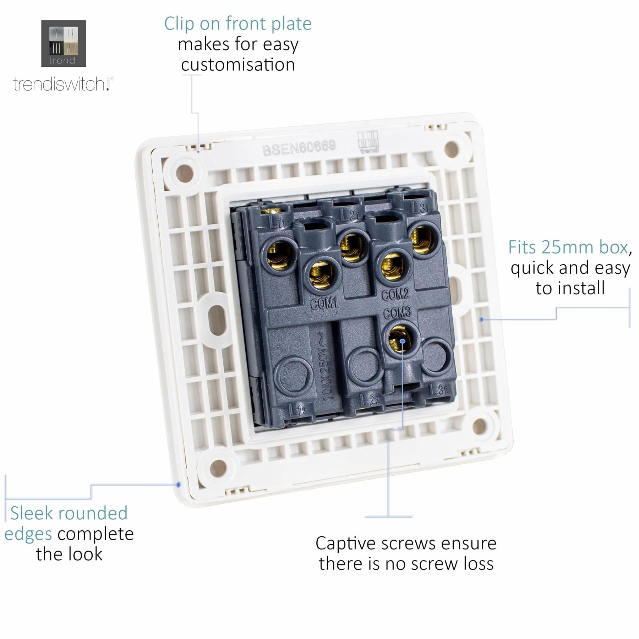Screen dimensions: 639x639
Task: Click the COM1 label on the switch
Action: pyautogui.click(x=324, y=303)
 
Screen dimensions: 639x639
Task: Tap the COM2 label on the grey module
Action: pyautogui.click(x=395, y=294)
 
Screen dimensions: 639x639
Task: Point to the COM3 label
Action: pyautogui.click(x=397, y=312)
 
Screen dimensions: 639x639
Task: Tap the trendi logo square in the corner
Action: pyautogui.click(x=64, y=43)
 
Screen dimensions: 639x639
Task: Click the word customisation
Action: pyautogui.click(x=238, y=65)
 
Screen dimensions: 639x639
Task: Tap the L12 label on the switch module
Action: pyautogui.click(x=297, y=411)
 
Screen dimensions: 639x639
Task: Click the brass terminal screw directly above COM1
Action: pyautogui.click(x=321, y=274)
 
